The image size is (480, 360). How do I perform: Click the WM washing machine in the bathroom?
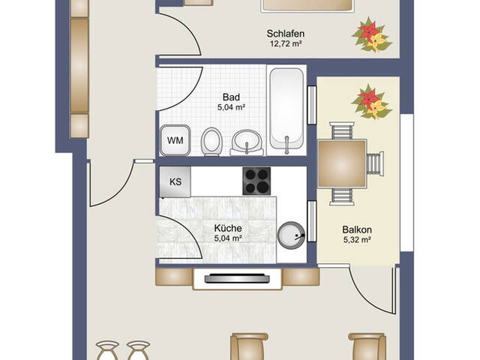pos(175,140)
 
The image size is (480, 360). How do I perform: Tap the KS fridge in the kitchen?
pos(175,181)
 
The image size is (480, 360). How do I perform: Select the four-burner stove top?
pos(256,181)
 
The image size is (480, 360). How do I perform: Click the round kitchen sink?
pos(291,235)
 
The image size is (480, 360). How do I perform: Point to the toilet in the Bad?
pos(211,142)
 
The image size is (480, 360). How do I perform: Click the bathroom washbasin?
pos(247,143)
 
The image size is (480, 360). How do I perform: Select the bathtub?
pos(286,110)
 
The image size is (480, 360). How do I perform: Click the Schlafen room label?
pos(285,33)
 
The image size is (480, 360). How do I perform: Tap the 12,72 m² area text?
pos(286,43)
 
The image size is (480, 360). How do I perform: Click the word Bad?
pos(231,97)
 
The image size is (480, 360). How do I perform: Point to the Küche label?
pos(228,228)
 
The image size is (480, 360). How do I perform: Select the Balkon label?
pos(357,229)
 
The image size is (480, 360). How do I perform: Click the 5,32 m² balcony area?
pos(357,240)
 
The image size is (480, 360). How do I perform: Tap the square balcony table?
pos(342,163)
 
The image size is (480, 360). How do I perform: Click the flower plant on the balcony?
pos(372,102)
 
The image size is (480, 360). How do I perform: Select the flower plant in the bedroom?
pos(372,34)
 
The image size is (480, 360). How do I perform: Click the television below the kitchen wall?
pos(237,278)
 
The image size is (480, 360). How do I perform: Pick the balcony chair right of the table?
pos(375,163)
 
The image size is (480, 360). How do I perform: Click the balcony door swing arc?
pos(367,297)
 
